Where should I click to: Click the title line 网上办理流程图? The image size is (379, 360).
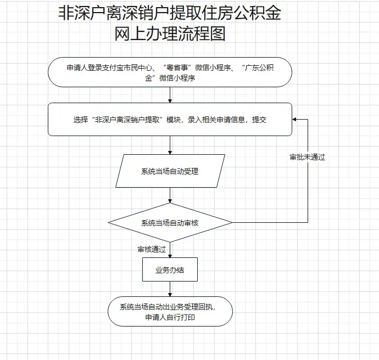click(170, 34)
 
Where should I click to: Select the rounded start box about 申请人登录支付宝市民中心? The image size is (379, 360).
click(170, 72)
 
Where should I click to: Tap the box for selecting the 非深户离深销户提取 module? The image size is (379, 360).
click(170, 119)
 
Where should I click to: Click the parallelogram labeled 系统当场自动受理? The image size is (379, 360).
click(170, 171)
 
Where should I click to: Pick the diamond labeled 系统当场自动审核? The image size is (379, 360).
click(170, 223)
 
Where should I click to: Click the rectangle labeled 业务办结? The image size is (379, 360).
click(170, 269)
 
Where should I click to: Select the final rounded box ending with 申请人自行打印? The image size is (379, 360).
click(170, 312)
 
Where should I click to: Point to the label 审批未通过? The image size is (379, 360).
click(308, 157)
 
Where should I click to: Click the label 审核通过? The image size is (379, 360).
click(152, 249)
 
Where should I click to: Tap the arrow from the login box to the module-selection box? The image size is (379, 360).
click(170, 95)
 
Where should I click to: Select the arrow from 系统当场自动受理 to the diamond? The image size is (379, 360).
click(170, 195)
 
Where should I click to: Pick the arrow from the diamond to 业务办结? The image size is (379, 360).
click(170, 250)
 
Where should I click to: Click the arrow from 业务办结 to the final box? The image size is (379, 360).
click(170, 289)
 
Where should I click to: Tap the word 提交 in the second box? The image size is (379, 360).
click(259, 120)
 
